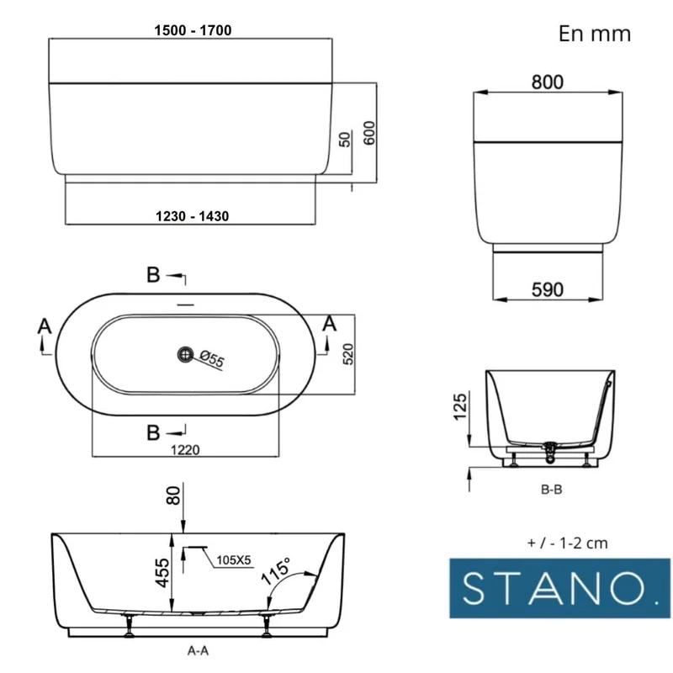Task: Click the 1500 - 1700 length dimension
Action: [193, 30]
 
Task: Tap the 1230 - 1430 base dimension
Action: [192, 216]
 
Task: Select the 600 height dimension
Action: [369, 133]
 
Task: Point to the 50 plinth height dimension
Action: [345, 140]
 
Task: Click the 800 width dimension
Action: [548, 82]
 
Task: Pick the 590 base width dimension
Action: [548, 289]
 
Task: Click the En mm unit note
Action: [595, 34]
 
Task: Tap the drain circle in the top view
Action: [185, 354]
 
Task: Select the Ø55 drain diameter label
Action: [212, 358]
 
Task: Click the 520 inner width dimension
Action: [348, 354]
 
